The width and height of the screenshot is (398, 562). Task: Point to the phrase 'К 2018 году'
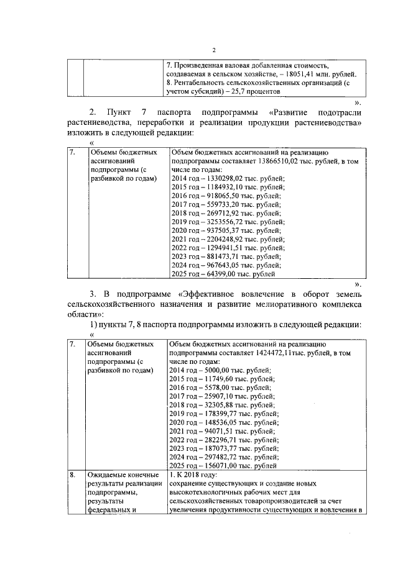(x=197, y=475)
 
